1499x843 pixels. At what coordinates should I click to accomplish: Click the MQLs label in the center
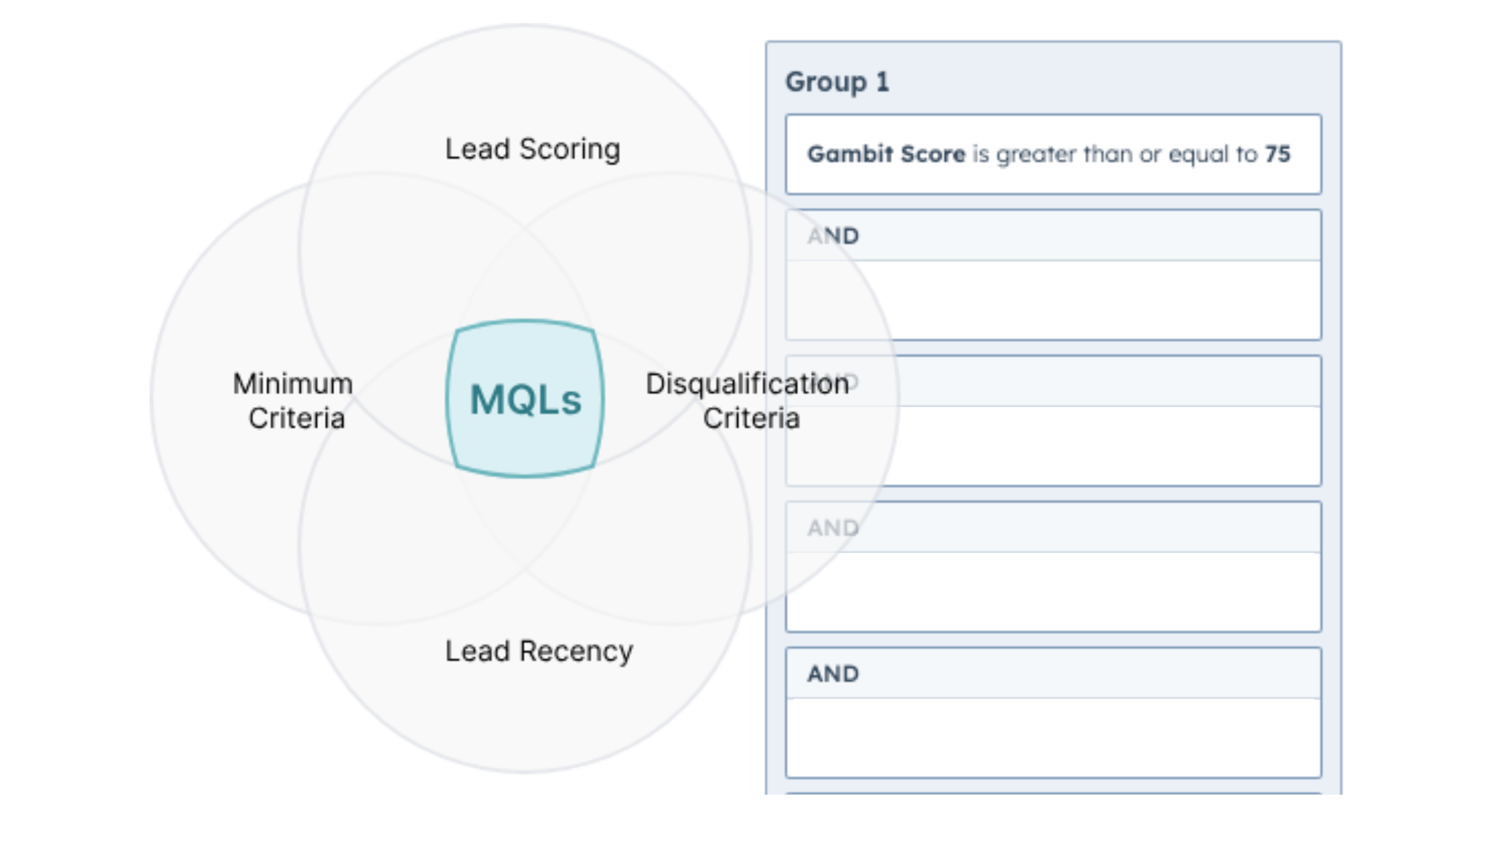click(525, 400)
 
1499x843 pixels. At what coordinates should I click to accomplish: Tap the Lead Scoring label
click(533, 149)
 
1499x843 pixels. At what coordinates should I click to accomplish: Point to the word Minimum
click(293, 384)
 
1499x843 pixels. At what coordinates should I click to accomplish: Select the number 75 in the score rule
click(1277, 154)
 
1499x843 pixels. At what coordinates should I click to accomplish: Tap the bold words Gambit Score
click(886, 154)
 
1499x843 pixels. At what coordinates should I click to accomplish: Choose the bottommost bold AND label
click(833, 674)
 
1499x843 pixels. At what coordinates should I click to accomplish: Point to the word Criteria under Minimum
click(297, 418)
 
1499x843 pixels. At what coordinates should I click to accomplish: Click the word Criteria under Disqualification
click(751, 418)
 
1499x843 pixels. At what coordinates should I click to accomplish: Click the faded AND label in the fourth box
click(833, 528)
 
